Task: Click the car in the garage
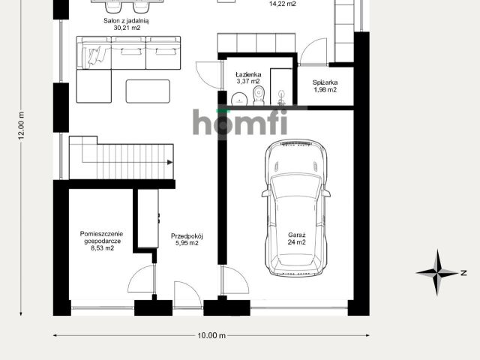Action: pyautogui.click(x=295, y=208)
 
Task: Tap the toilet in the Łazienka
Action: pyautogui.click(x=259, y=95)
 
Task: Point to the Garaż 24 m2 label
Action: pyautogui.click(x=296, y=238)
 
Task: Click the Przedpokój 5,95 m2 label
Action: pyautogui.click(x=187, y=240)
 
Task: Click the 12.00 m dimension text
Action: pyautogui.click(x=21, y=126)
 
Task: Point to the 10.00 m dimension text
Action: pyautogui.click(x=211, y=335)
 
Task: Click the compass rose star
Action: pyautogui.click(x=437, y=272)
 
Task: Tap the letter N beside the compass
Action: pyautogui.click(x=463, y=273)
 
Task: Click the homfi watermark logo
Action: pyautogui.click(x=240, y=121)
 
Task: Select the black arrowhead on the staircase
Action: pyautogui.click(x=170, y=163)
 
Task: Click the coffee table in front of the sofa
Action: pyautogui.click(x=148, y=91)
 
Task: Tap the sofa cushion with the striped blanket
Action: pyautogui.click(x=95, y=55)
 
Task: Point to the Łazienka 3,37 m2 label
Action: pyautogui.click(x=248, y=78)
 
